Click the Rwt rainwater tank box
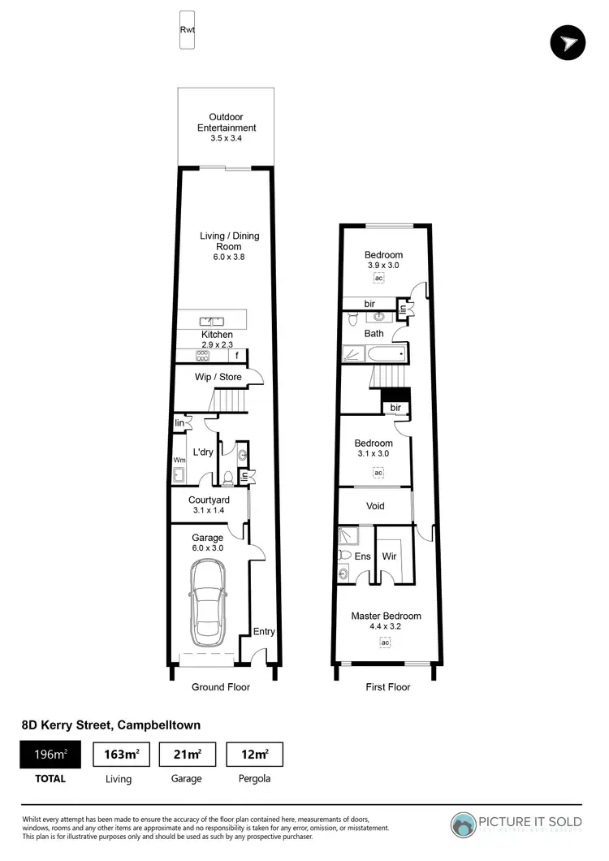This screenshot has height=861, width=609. (187, 29)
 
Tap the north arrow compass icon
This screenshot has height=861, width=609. (568, 43)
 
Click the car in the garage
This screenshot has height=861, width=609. (209, 602)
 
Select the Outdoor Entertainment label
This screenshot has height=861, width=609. (227, 128)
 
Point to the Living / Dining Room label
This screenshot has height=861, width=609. (230, 241)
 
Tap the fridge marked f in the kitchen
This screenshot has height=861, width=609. (237, 356)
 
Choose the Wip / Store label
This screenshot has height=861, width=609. (218, 377)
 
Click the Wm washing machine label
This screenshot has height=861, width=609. (179, 459)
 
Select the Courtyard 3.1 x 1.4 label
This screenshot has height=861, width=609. (209, 505)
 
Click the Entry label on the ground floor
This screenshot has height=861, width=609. (264, 631)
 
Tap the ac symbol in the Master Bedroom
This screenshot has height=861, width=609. (385, 643)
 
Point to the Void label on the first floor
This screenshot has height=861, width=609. (375, 506)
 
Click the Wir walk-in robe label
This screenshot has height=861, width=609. (389, 556)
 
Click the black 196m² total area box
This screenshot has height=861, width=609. (50, 755)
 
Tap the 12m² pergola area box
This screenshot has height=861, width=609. (253, 755)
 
